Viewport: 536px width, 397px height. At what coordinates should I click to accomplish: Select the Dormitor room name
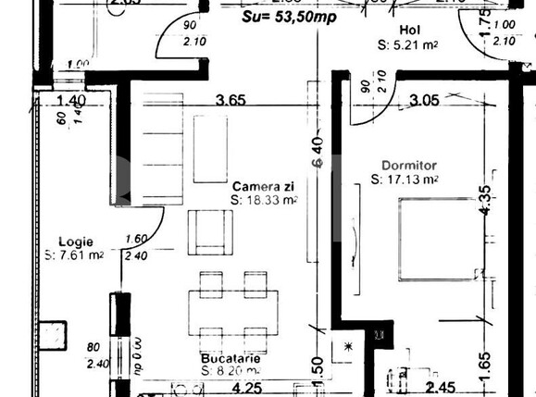(x=404, y=166)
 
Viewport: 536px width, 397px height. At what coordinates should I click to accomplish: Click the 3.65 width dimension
(x=232, y=101)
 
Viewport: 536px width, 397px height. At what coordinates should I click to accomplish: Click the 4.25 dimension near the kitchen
(x=246, y=389)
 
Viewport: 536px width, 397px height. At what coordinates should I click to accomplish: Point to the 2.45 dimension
(x=441, y=389)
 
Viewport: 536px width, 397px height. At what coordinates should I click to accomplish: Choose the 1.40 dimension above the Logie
(x=71, y=101)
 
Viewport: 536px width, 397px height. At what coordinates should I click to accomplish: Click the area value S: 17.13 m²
(x=404, y=180)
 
